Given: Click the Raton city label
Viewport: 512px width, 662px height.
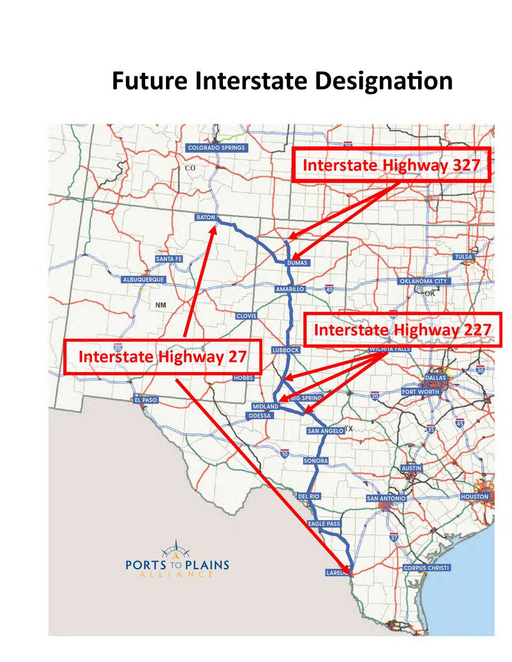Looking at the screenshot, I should click(206, 217).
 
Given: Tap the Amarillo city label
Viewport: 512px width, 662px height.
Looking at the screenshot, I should click(290, 289).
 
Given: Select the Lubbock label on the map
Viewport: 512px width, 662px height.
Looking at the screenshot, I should click(286, 350).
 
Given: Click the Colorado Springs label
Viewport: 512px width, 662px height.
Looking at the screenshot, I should click(217, 148).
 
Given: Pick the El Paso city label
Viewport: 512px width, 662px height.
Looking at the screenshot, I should click(146, 400).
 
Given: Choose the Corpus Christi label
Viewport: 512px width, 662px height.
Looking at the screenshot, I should click(427, 568).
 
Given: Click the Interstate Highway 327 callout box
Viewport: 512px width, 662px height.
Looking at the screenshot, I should click(391, 165).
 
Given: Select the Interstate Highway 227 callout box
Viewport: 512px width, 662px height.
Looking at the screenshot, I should click(402, 330).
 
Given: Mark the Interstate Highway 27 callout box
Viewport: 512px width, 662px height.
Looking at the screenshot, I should click(162, 356).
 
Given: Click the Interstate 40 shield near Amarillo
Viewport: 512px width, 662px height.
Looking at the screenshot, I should click(329, 289).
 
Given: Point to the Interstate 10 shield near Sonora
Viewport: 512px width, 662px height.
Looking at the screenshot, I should click(284, 453).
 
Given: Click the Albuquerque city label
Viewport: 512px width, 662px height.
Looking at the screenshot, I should click(143, 279).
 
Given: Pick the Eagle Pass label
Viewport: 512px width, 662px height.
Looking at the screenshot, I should click(324, 524).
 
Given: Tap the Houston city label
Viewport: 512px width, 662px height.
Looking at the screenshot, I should click(474, 496).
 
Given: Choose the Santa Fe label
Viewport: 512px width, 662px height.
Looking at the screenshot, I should click(169, 259).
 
